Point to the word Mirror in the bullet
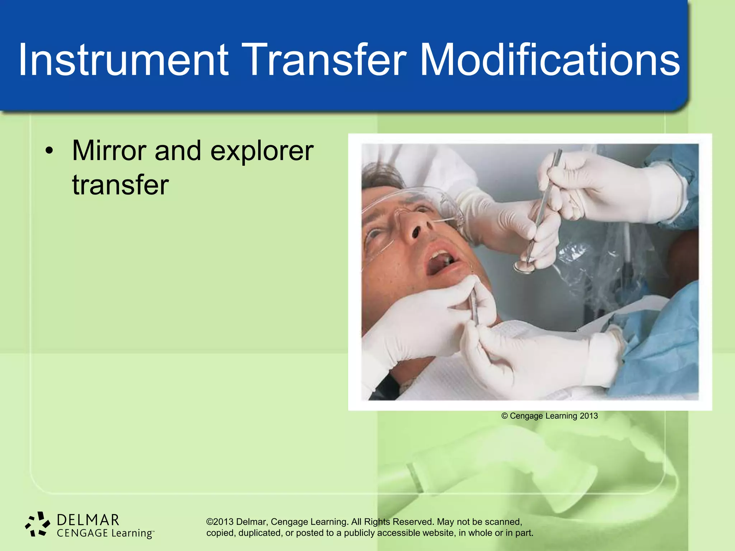coord(109,151)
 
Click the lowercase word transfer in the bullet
coord(120,185)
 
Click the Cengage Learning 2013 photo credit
coord(549,416)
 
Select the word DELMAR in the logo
coord(88,520)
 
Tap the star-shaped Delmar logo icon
coord(38,524)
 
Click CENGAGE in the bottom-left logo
coord(82,533)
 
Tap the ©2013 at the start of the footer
coord(220,522)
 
